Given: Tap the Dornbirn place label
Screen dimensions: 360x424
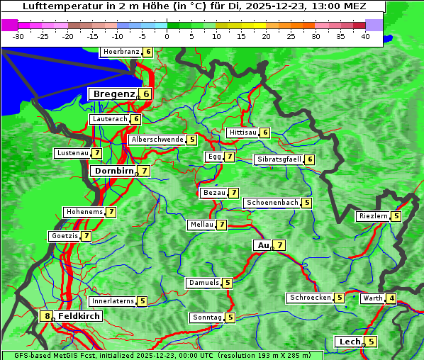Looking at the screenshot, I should (x=113, y=171).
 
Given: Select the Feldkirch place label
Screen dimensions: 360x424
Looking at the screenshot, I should (x=79, y=316).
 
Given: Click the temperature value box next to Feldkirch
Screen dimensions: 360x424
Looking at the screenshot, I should (x=47, y=316).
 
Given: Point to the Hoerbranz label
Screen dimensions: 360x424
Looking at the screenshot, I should (x=121, y=52).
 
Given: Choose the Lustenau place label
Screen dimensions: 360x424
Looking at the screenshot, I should (x=72, y=153).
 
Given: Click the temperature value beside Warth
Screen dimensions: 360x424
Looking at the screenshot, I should (x=392, y=298).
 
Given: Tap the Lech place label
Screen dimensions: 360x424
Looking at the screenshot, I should (x=350, y=342).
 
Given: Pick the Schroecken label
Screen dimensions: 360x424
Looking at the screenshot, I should (x=310, y=298).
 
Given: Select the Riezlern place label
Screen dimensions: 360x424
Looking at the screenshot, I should (x=373, y=216).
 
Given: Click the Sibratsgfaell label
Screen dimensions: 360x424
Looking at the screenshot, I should (x=279, y=159).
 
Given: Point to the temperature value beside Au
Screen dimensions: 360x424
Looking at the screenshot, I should (x=280, y=245).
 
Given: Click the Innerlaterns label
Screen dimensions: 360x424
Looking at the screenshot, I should (x=113, y=301).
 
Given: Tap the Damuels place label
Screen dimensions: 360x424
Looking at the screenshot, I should (x=203, y=283).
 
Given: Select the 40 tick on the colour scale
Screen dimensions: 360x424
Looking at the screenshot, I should (x=365, y=36).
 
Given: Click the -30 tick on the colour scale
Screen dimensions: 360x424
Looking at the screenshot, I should (x=18, y=36).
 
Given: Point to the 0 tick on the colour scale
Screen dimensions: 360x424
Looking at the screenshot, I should (x=167, y=36).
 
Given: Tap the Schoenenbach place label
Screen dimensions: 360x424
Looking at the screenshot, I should (x=272, y=203).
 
